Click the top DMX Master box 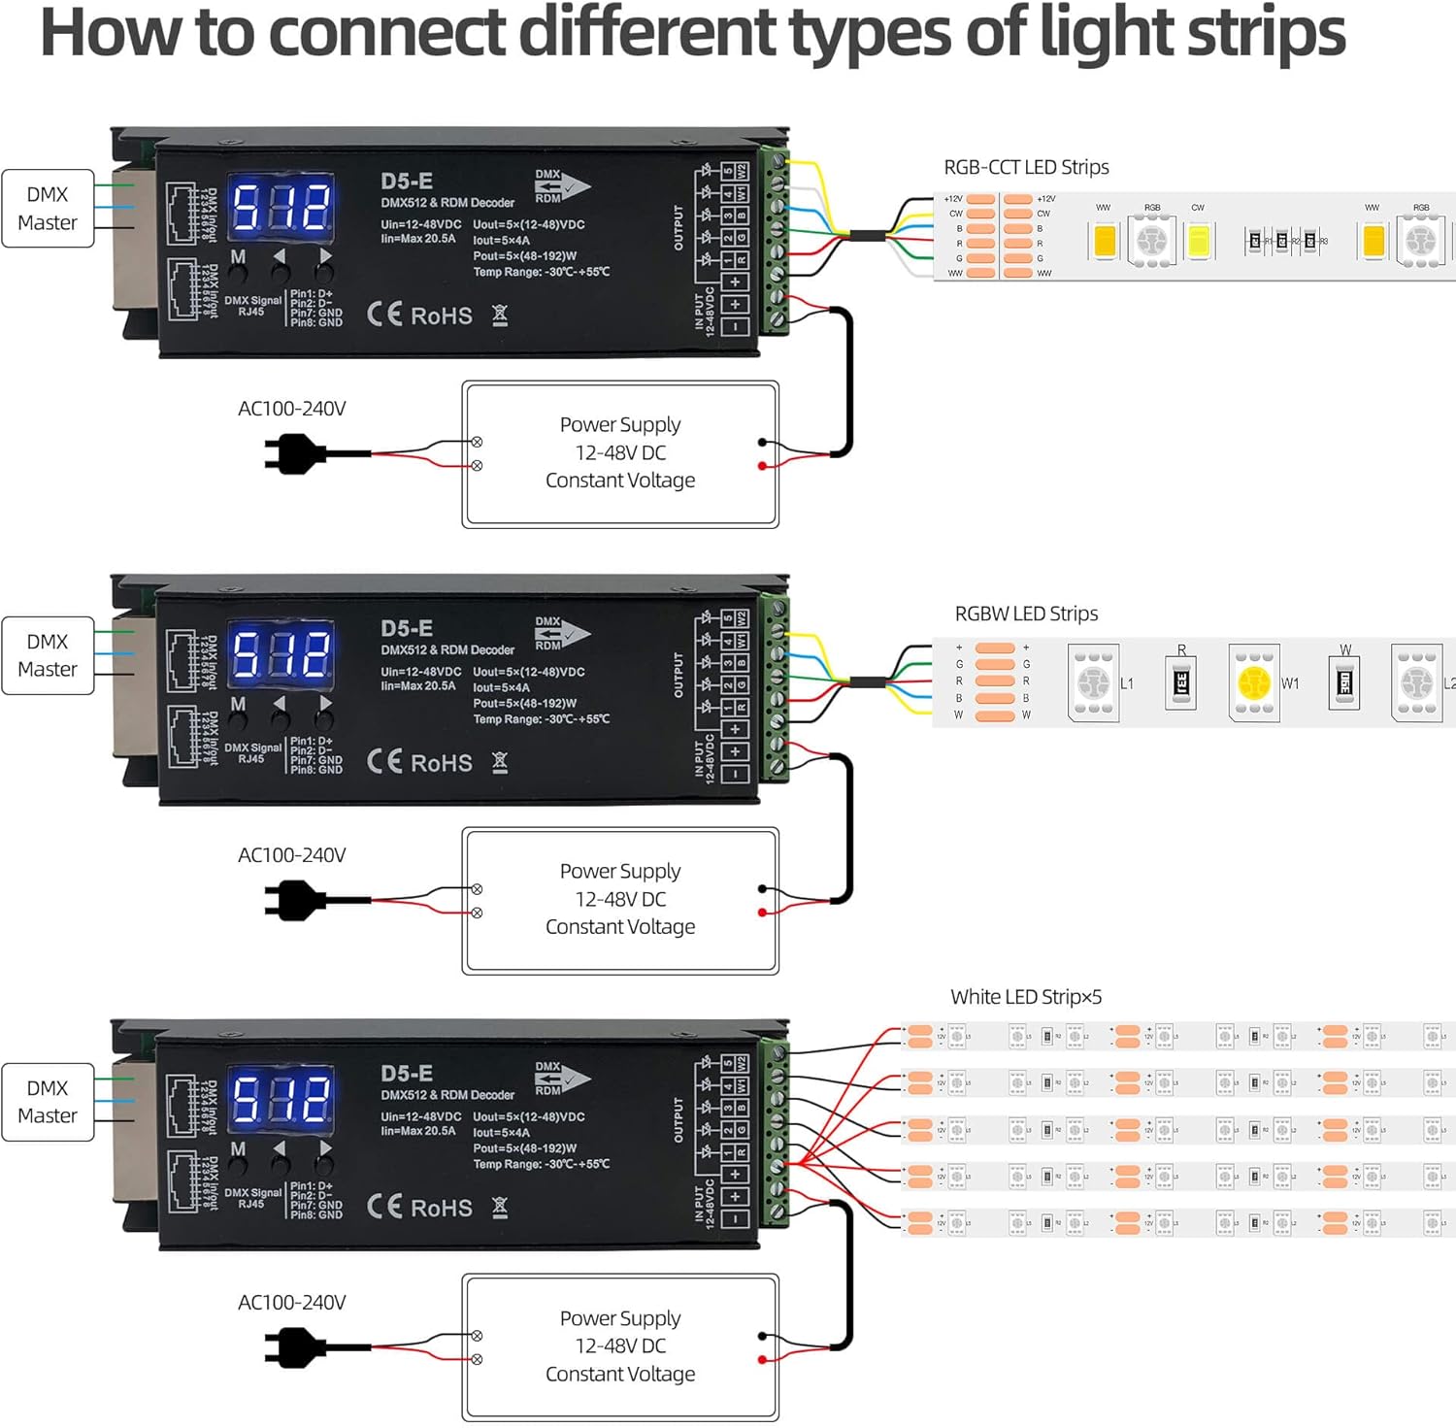click(48, 209)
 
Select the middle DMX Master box click(48, 655)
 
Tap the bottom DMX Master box click(48, 1102)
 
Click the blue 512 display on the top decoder click(281, 207)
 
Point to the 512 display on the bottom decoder click(281, 1099)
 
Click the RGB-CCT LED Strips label click(1026, 167)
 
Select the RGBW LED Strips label click(1026, 614)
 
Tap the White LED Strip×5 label click(1026, 997)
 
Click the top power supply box click(620, 453)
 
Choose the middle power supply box click(620, 900)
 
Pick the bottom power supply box click(620, 1346)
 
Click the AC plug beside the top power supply click(294, 453)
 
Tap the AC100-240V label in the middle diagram click(292, 855)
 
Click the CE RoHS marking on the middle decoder click(419, 763)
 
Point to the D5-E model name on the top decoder click(407, 182)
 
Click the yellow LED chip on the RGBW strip click(1254, 682)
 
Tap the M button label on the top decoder click(238, 257)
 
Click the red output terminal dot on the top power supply click(762, 466)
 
